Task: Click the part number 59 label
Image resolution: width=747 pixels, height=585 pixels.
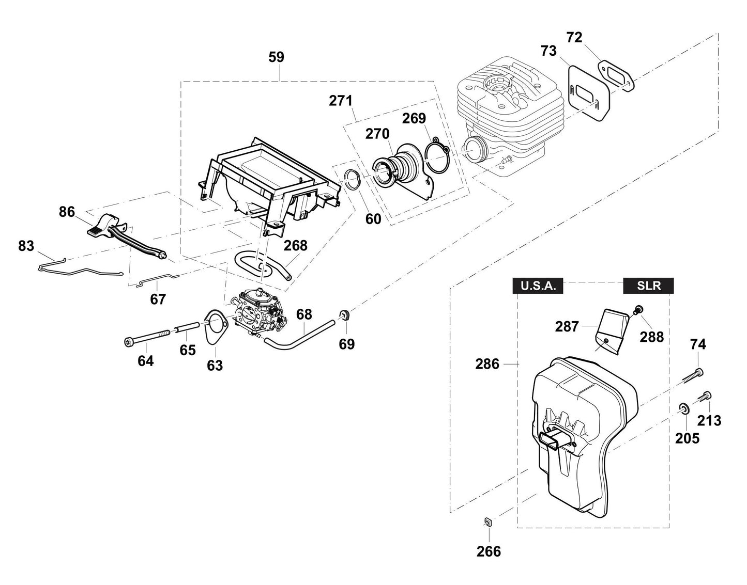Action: [277, 57]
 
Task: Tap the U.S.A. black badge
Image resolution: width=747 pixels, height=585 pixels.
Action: [538, 286]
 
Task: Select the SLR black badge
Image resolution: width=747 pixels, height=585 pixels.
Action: [649, 286]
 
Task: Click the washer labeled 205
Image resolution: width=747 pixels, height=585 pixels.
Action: [683, 409]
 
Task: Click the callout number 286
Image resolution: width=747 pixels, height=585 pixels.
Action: [487, 364]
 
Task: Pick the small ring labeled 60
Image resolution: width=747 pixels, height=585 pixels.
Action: [352, 181]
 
